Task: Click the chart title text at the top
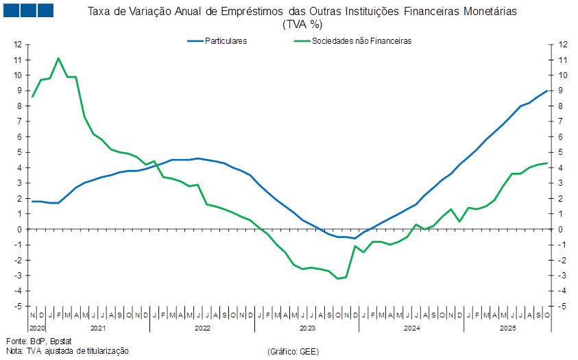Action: (302, 11)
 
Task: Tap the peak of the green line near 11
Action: (58, 58)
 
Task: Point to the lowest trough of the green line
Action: (338, 278)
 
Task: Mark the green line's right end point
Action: (547, 163)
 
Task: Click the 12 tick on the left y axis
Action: (19, 45)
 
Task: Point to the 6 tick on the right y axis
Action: (563, 136)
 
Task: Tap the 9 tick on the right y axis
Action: (563, 91)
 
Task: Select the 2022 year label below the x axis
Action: (202, 328)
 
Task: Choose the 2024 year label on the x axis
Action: (411, 328)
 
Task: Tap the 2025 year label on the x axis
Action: (507, 328)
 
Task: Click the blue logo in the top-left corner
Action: (28, 10)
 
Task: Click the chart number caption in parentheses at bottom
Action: (293, 351)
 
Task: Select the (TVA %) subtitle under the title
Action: (302, 24)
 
